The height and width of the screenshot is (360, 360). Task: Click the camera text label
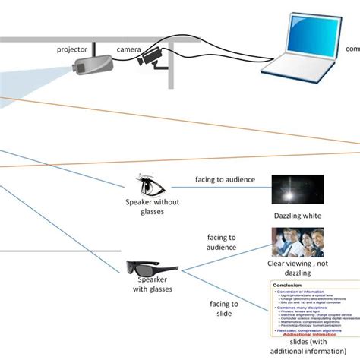[128, 49]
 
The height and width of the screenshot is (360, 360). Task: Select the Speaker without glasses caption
[145, 207]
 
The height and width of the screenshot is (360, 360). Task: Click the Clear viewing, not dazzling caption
[298, 269]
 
